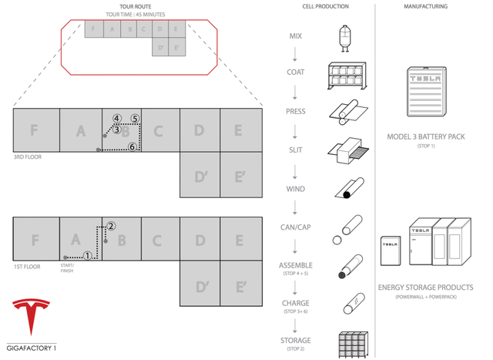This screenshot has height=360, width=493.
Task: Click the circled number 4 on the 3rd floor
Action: pos(116,119)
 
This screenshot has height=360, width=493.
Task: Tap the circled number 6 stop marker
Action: pos(132,146)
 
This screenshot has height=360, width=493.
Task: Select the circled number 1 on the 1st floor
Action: pos(88,256)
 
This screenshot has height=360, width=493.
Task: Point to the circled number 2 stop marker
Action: pos(111,226)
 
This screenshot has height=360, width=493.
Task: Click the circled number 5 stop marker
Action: pos(135,119)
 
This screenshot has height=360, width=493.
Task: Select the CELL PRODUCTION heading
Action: pos(325,7)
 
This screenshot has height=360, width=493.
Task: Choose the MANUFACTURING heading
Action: pos(425,7)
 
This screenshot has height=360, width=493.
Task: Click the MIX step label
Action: pos(296,36)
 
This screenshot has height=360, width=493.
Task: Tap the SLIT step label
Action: pos(296,150)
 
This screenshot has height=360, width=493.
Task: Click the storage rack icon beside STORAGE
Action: pos(349,344)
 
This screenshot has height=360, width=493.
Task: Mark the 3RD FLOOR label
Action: pos(26,156)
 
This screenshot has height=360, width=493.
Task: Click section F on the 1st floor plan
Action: pos(35,240)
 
